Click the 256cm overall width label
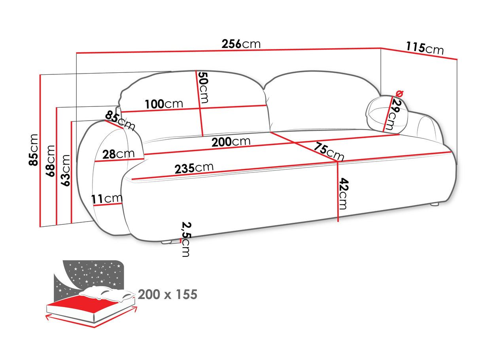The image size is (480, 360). click(241, 44)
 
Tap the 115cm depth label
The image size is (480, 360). click(424, 48)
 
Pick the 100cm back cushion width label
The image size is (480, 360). click(164, 104)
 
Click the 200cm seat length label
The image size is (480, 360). click(231, 141)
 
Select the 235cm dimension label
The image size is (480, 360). click(193, 168)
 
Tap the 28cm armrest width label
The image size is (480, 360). click(118, 154)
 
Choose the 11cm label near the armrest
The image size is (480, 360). click(107, 199)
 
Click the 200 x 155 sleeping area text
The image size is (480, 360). click(167, 295)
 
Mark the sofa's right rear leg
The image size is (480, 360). click(435, 205)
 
